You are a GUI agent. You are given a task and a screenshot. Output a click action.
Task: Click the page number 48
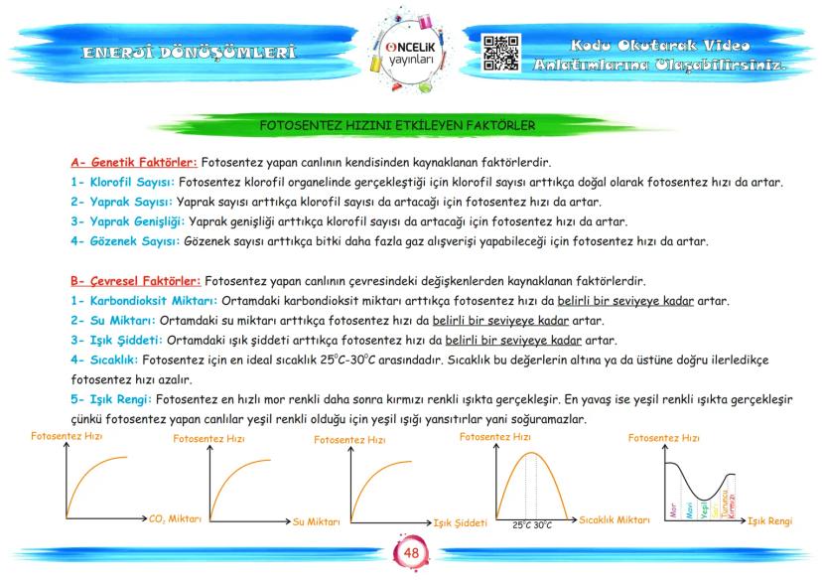410,553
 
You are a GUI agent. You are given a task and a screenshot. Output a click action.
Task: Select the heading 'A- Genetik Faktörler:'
134,162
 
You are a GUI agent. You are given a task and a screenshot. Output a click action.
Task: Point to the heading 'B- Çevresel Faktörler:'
136,281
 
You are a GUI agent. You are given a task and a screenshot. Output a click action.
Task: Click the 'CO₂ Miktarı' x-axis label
168,518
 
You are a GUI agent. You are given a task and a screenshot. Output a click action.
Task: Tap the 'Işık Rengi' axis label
769,520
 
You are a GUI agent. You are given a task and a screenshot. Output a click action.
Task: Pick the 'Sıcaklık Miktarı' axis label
614,519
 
